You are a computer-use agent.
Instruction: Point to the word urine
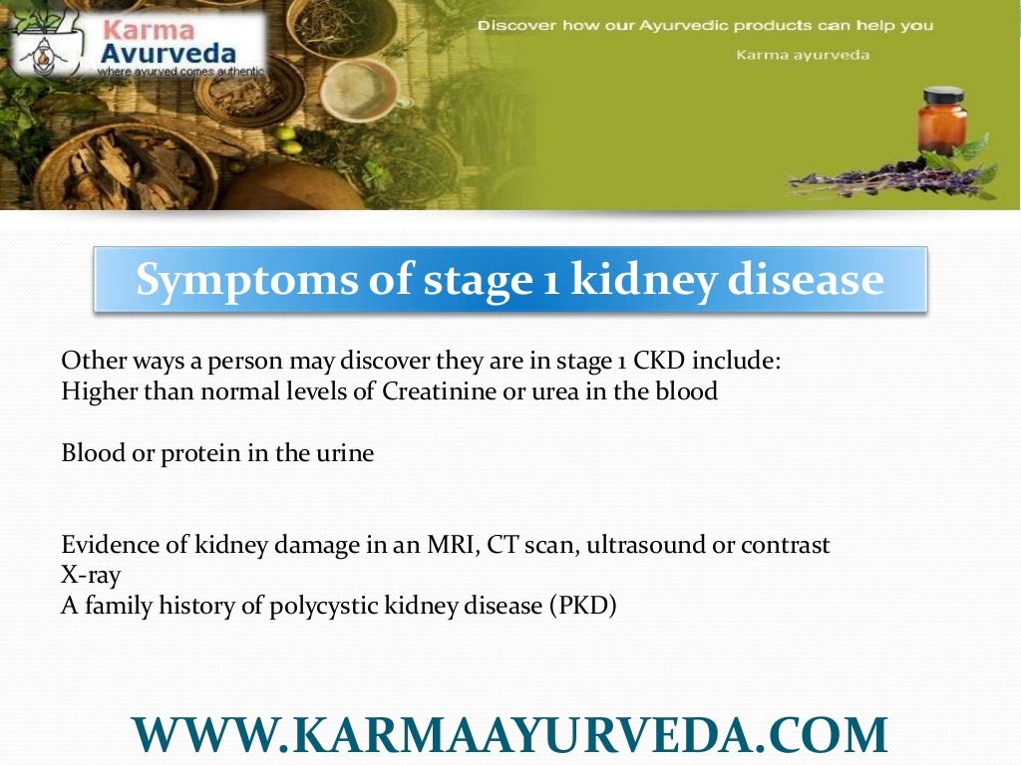344,453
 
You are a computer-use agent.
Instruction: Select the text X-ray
90,576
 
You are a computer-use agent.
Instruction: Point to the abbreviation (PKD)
582,606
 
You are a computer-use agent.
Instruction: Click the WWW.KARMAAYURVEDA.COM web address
510,735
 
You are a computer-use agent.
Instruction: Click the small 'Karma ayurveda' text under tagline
803,55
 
